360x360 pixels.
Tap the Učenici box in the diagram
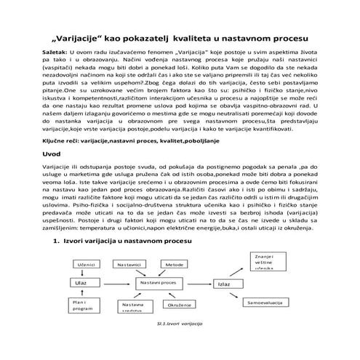(87, 264)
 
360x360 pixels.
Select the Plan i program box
(81, 305)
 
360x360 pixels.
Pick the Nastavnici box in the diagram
(132, 264)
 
